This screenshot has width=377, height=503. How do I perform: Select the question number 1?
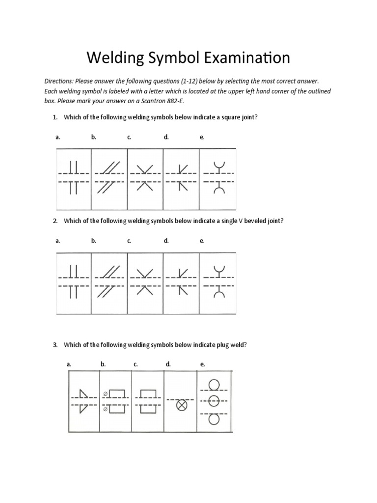pyautogui.click(x=55, y=117)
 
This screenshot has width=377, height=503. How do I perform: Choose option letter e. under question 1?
pyautogui.click(x=202, y=138)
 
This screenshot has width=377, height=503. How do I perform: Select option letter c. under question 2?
pyautogui.click(x=129, y=241)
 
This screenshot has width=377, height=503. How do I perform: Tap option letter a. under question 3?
pyautogui.click(x=69, y=364)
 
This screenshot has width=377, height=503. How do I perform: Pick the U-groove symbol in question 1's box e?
pyautogui.click(x=218, y=177)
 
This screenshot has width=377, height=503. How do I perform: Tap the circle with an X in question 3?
pyautogui.click(x=182, y=405)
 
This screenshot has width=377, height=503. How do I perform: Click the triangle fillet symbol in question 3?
pyautogui.click(x=83, y=400)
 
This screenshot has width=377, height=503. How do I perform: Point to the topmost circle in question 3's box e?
pyautogui.click(x=214, y=384)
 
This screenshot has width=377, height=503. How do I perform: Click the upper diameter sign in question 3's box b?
pyautogui.click(x=105, y=394)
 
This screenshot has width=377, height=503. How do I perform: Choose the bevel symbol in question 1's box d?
pyautogui.click(x=182, y=177)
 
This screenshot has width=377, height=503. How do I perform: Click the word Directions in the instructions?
pyautogui.click(x=60, y=81)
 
